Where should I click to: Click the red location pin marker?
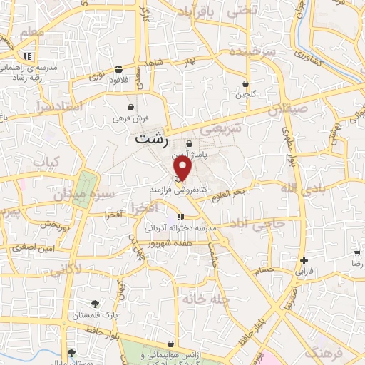coord(183,169)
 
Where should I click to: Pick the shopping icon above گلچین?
coord(246,83)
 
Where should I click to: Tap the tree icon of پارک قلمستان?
coord(96,304)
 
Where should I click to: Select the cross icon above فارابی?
coord(304,260)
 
